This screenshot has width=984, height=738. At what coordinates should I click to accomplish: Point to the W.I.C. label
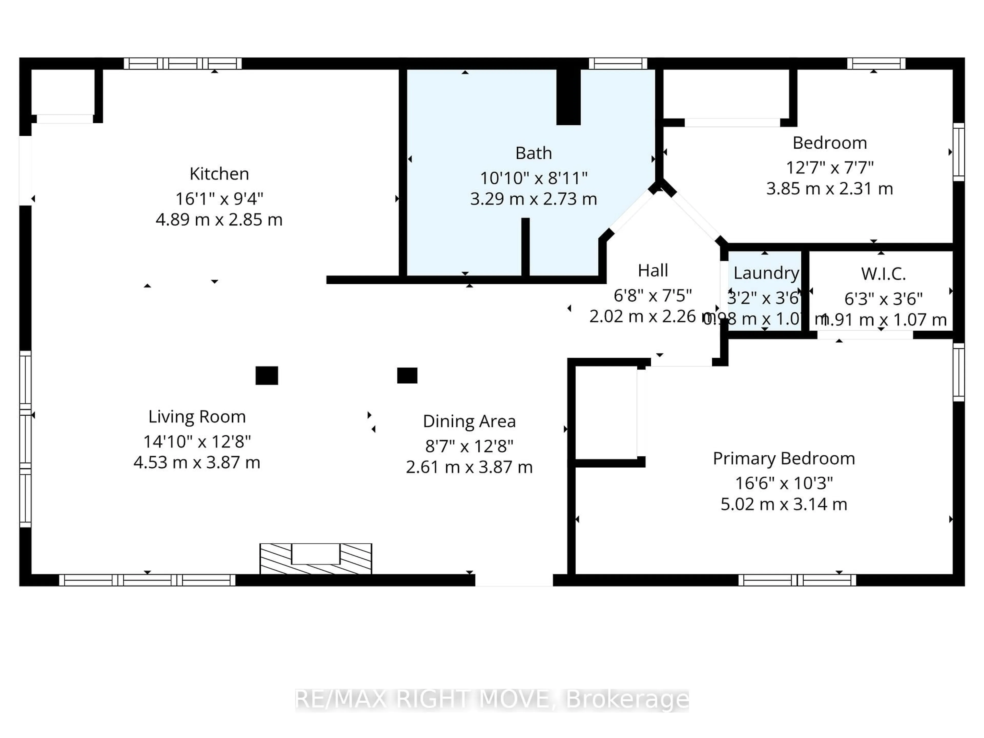(883, 274)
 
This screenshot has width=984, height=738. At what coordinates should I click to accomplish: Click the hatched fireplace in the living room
(315, 558)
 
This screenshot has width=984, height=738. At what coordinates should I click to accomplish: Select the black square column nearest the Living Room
(266, 375)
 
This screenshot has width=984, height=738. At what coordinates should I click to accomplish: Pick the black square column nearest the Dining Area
(407, 375)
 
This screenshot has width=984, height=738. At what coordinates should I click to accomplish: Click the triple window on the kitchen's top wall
(182, 64)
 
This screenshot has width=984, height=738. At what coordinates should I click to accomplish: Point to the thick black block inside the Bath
(568, 97)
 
